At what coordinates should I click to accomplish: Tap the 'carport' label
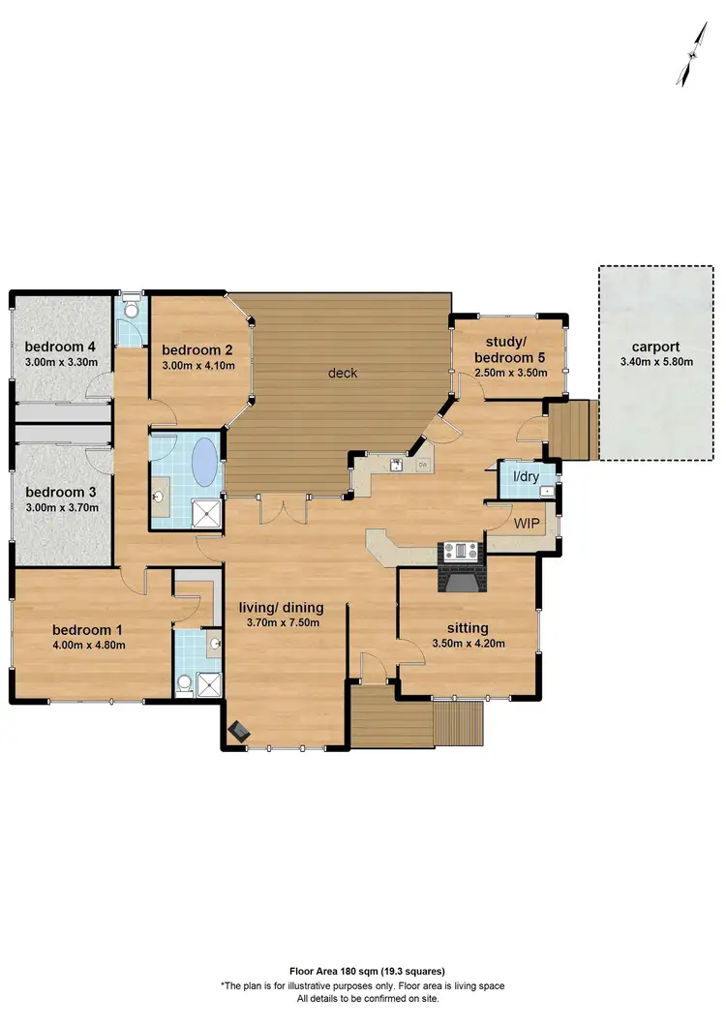point(655,347)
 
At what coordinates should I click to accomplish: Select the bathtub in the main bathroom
point(206,462)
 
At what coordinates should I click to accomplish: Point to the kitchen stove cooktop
point(461,552)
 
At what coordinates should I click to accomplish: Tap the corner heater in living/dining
point(236,732)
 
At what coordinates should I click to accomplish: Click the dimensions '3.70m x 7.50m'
point(281,622)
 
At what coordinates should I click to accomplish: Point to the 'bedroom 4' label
point(60,347)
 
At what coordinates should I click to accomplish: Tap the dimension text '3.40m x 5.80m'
point(655,363)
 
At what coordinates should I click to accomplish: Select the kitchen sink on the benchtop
point(397,466)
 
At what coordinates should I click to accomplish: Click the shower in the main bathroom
point(206,513)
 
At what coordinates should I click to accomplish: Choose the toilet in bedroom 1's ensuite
point(183,682)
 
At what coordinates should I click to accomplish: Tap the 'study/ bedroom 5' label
point(507,348)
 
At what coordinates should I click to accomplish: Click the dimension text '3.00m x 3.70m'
point(60,506)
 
